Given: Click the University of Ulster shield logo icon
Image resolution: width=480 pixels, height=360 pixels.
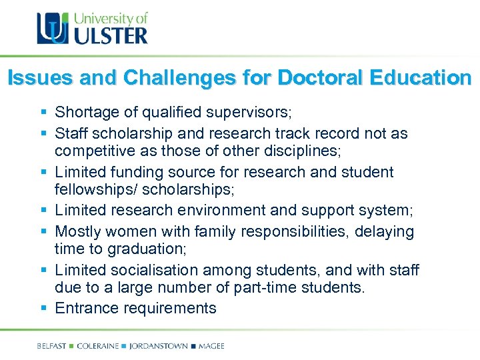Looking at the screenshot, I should [52, 29].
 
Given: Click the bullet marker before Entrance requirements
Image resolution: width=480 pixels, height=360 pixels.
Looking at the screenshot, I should [44, 308].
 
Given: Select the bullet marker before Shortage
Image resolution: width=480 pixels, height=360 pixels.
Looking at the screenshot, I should [44, 111].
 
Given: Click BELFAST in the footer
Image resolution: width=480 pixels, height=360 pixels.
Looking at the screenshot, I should [53, 346].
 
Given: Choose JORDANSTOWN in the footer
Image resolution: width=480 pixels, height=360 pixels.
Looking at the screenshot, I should [158, 346].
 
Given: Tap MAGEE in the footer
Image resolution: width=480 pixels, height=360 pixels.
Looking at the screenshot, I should [211, 346].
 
